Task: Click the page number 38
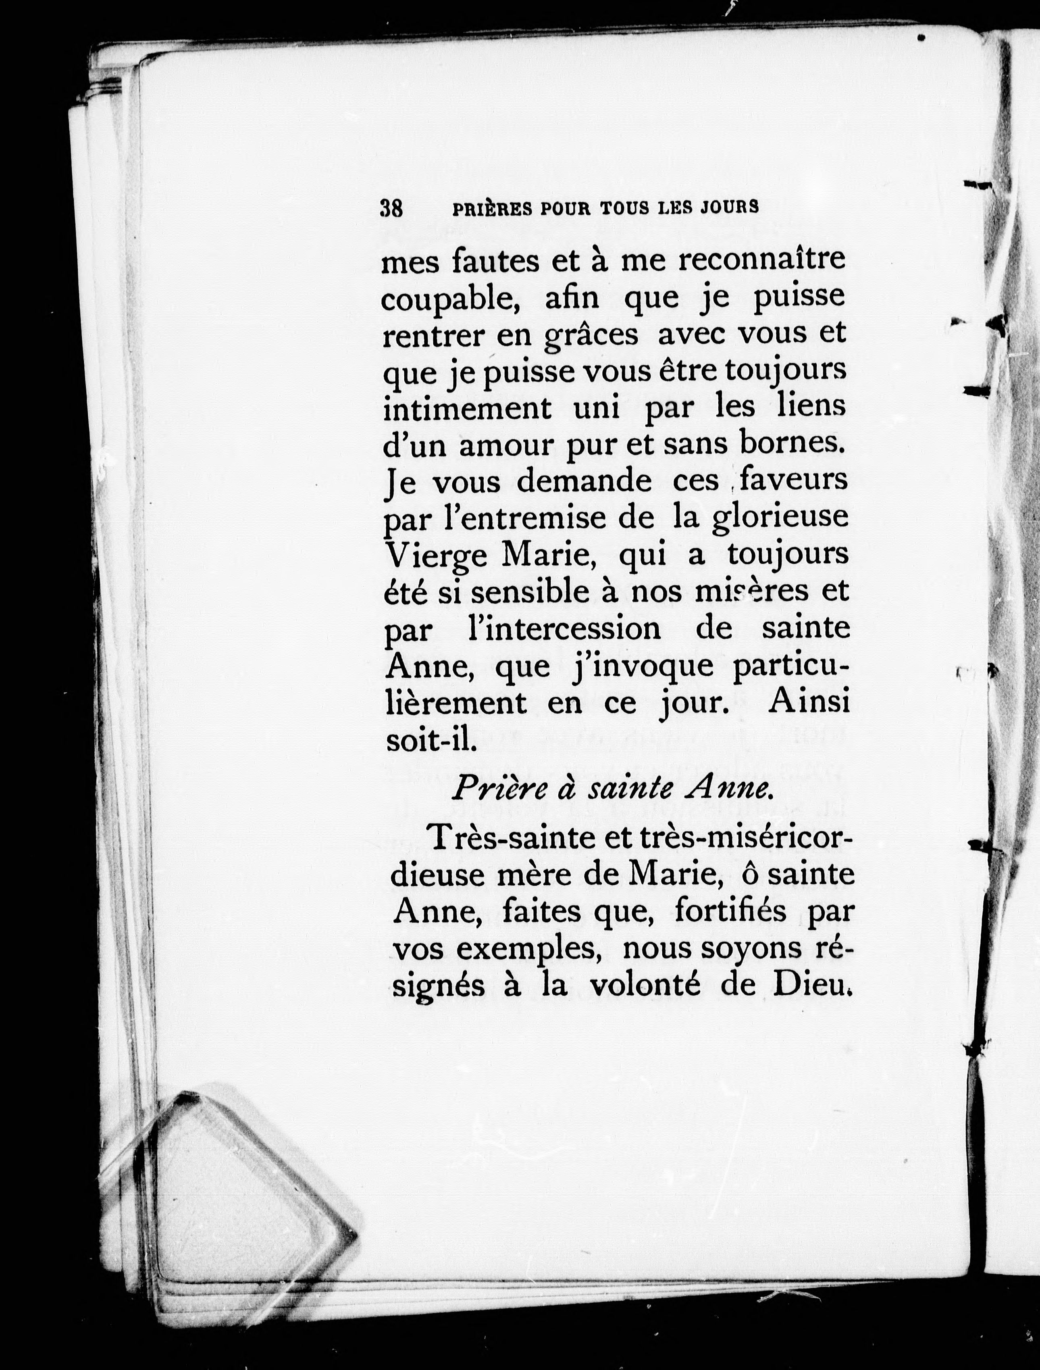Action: point(391,208)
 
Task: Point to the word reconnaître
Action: point(761,259)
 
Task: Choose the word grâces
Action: point(591,335)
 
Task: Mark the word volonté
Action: point(644,985)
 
